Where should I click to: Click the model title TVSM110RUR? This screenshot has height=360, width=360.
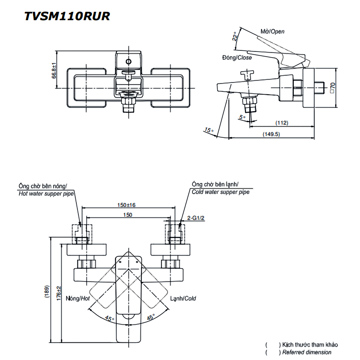[x=67, y=16]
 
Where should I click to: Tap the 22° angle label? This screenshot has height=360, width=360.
[x=235, y=36]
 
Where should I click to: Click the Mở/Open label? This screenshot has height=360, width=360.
[x=272, y=31]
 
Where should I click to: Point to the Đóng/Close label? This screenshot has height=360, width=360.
[x=237, y=58]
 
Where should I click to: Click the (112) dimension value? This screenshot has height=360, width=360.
[x=282, y=123]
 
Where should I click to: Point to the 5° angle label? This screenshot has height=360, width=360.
[x=242, y=117]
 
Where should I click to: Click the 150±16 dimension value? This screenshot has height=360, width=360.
[x=126, y=205]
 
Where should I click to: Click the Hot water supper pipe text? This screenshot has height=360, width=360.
[x=46, y=193]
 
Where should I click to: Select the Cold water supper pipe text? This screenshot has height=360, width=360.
[x=220, y=192]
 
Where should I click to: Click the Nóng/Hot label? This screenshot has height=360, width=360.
[x=77, y=298]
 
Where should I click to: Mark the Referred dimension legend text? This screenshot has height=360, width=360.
[x=307, y=352]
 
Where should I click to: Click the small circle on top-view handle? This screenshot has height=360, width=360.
[x=129, y=61]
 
